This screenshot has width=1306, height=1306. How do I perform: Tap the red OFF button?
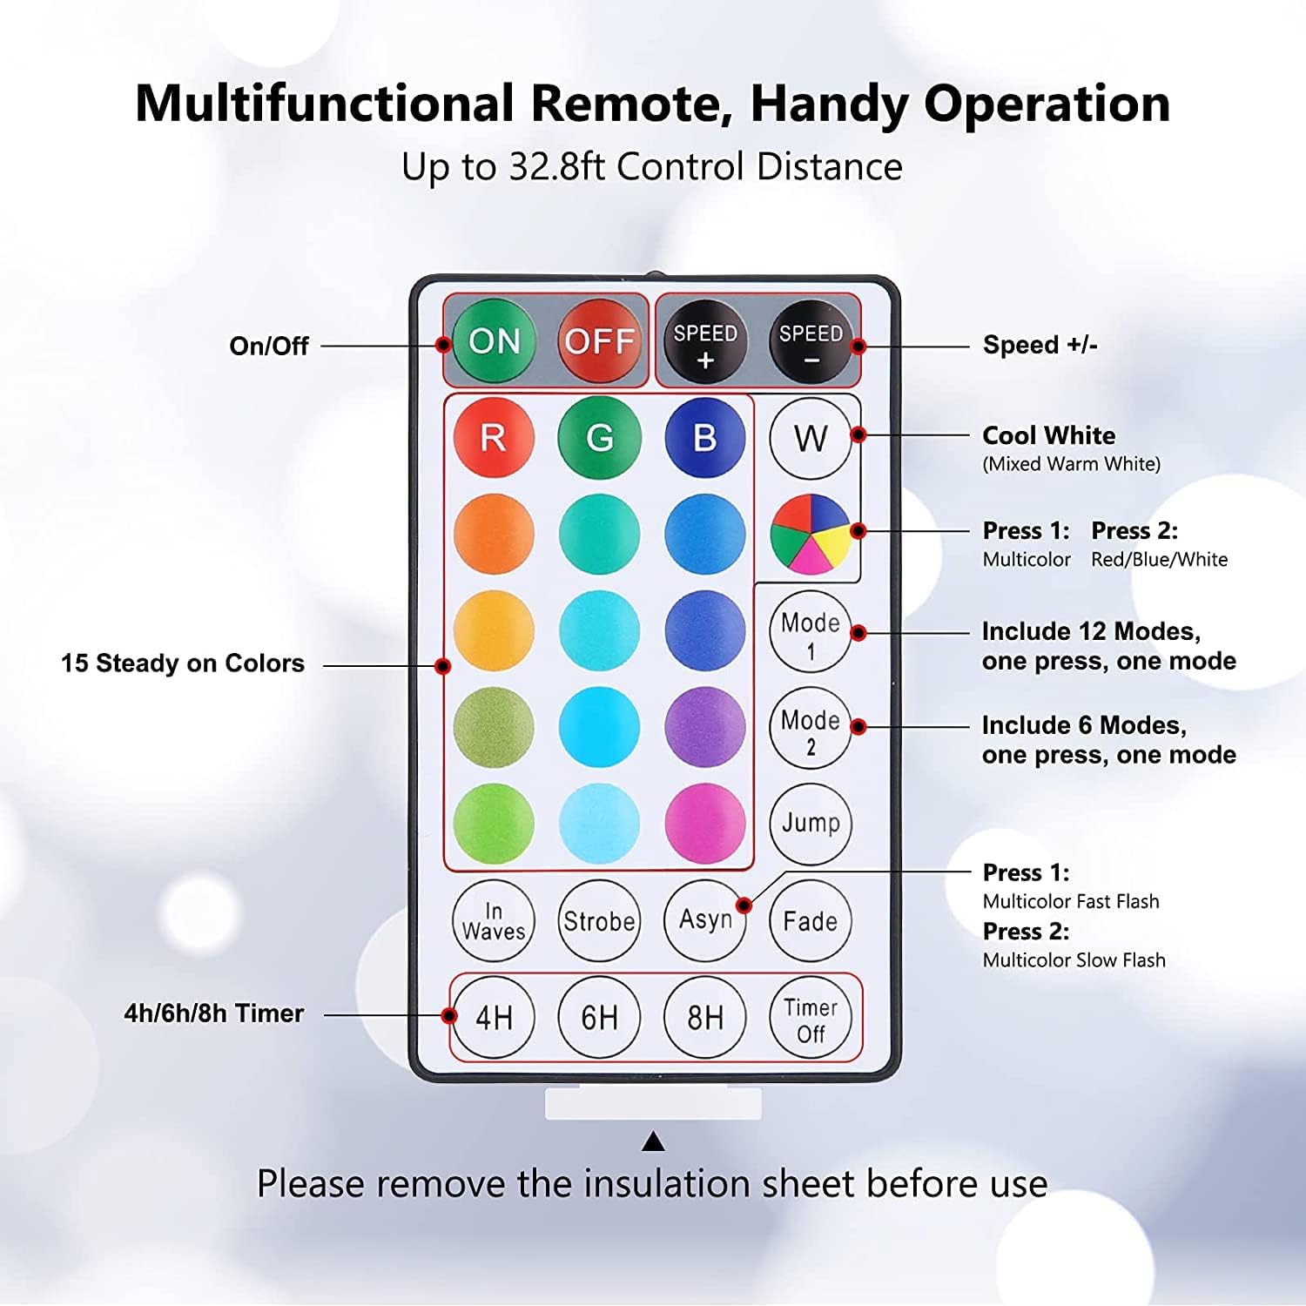coord(599,341)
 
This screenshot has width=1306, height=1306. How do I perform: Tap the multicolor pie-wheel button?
coord(811,534)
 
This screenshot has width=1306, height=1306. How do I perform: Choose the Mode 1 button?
coord(811,632)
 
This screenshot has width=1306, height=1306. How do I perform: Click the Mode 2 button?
coord(811,728)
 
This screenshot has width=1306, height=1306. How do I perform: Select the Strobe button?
coord(599,920)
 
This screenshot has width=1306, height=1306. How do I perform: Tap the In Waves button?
coord(494,920)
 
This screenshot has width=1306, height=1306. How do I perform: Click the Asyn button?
coord(705,920)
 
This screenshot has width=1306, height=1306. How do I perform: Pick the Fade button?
coord(811,920)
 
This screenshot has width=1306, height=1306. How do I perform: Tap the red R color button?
coord(494,437)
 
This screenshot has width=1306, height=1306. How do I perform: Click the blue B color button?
coord(705,437)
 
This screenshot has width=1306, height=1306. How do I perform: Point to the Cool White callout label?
coord(1048,435)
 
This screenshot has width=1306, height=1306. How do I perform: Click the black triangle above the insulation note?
coord(653,1141)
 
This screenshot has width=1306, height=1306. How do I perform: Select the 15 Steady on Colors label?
coord(183,663)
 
